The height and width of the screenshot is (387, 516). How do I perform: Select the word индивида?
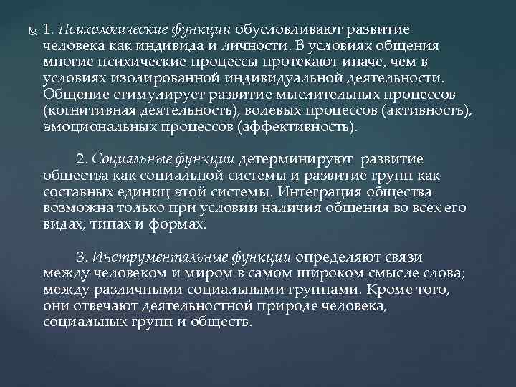tap(173, 46)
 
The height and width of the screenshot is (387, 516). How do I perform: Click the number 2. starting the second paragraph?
tap(81, 158)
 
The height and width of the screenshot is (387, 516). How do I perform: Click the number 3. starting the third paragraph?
tap(81, 257)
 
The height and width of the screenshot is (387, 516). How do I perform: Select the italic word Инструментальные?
tap(152, 257)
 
